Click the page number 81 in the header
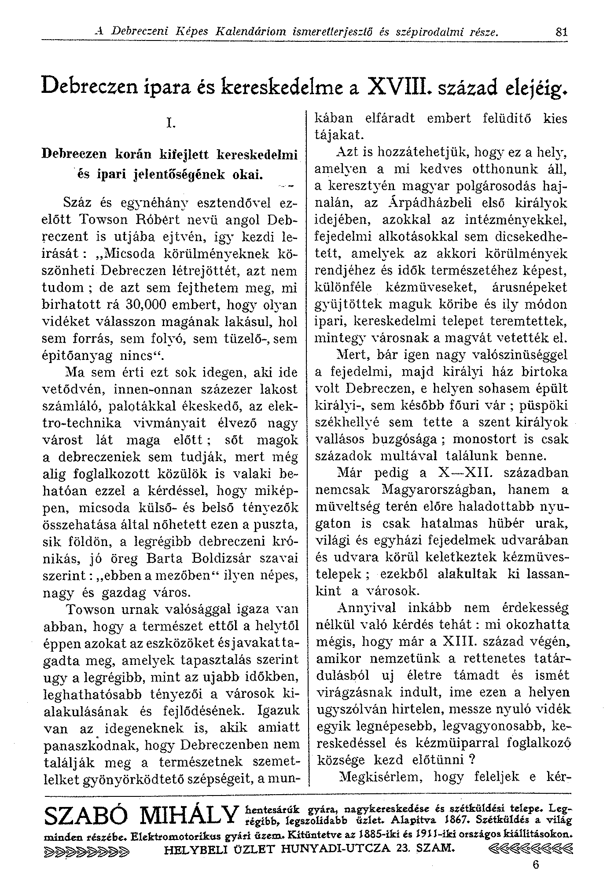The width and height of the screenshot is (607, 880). click(x=561, y=32)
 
